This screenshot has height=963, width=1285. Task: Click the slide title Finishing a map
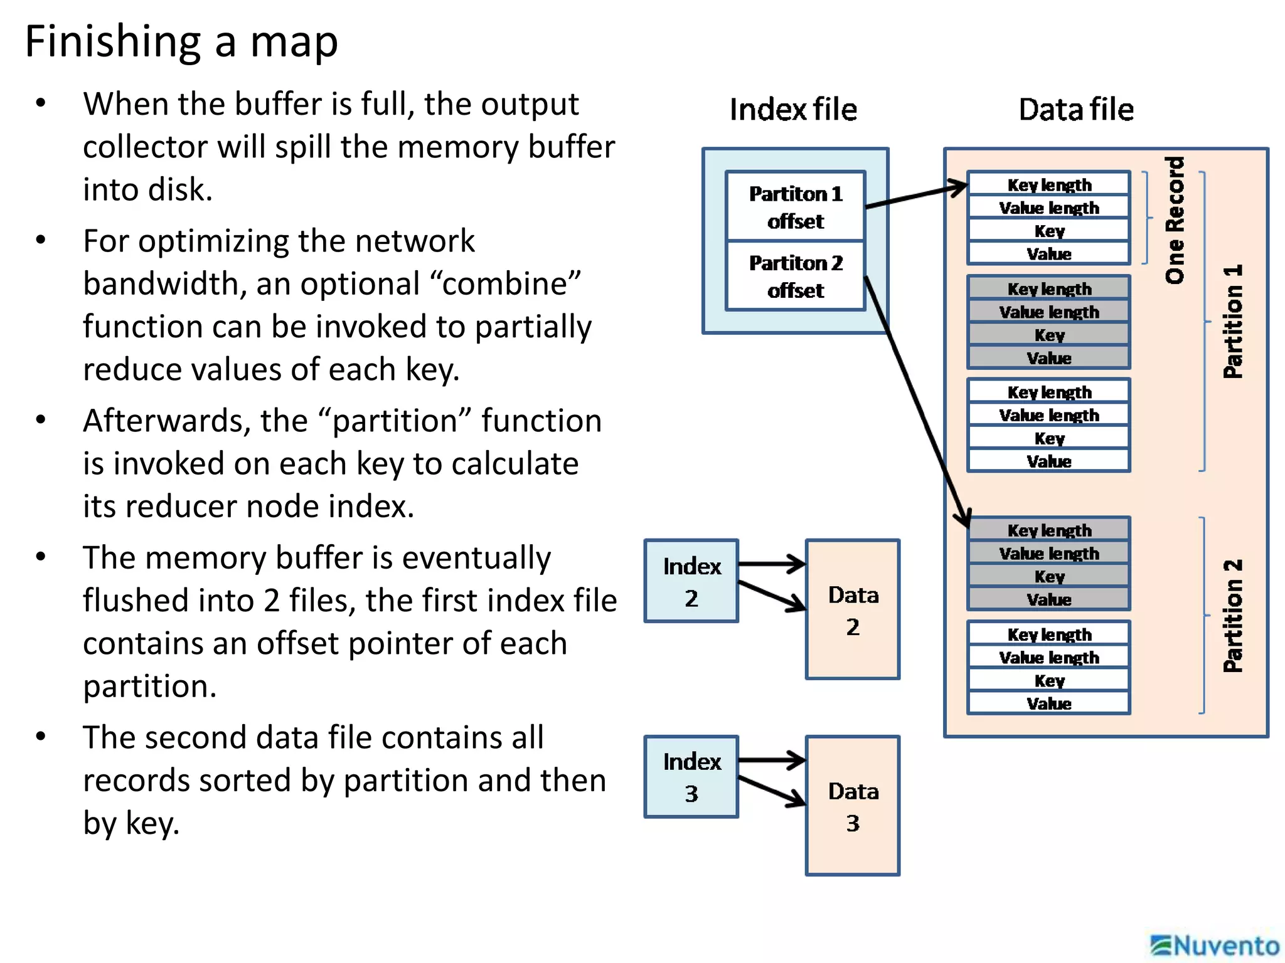click(x=181, y=41)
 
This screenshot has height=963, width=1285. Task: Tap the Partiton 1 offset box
click(x=795, y=207)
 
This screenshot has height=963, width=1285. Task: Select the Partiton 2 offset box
click(x=795, y=276)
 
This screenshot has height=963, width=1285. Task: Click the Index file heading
click(x=793, y=110)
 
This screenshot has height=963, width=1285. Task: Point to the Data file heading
click(x=1075, y=110)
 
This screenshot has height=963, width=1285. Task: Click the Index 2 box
click(x=691, y=581)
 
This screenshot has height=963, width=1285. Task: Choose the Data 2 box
click(x=852, y=609)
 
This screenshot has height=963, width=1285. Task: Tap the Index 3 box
click(x=691, y=777)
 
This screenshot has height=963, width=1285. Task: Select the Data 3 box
click(x=852, y=806)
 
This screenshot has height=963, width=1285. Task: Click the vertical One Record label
click(x=1175, y=220)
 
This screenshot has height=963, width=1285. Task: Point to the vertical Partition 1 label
click(x=1232, y=322)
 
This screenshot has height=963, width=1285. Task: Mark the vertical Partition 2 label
click(x=1232, y=616)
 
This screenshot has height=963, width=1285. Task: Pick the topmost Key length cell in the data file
click(x=1048, y=184)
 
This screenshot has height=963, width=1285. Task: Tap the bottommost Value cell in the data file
click(x=1048, y=703)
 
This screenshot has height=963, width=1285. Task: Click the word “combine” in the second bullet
click(x=505, y=284)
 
